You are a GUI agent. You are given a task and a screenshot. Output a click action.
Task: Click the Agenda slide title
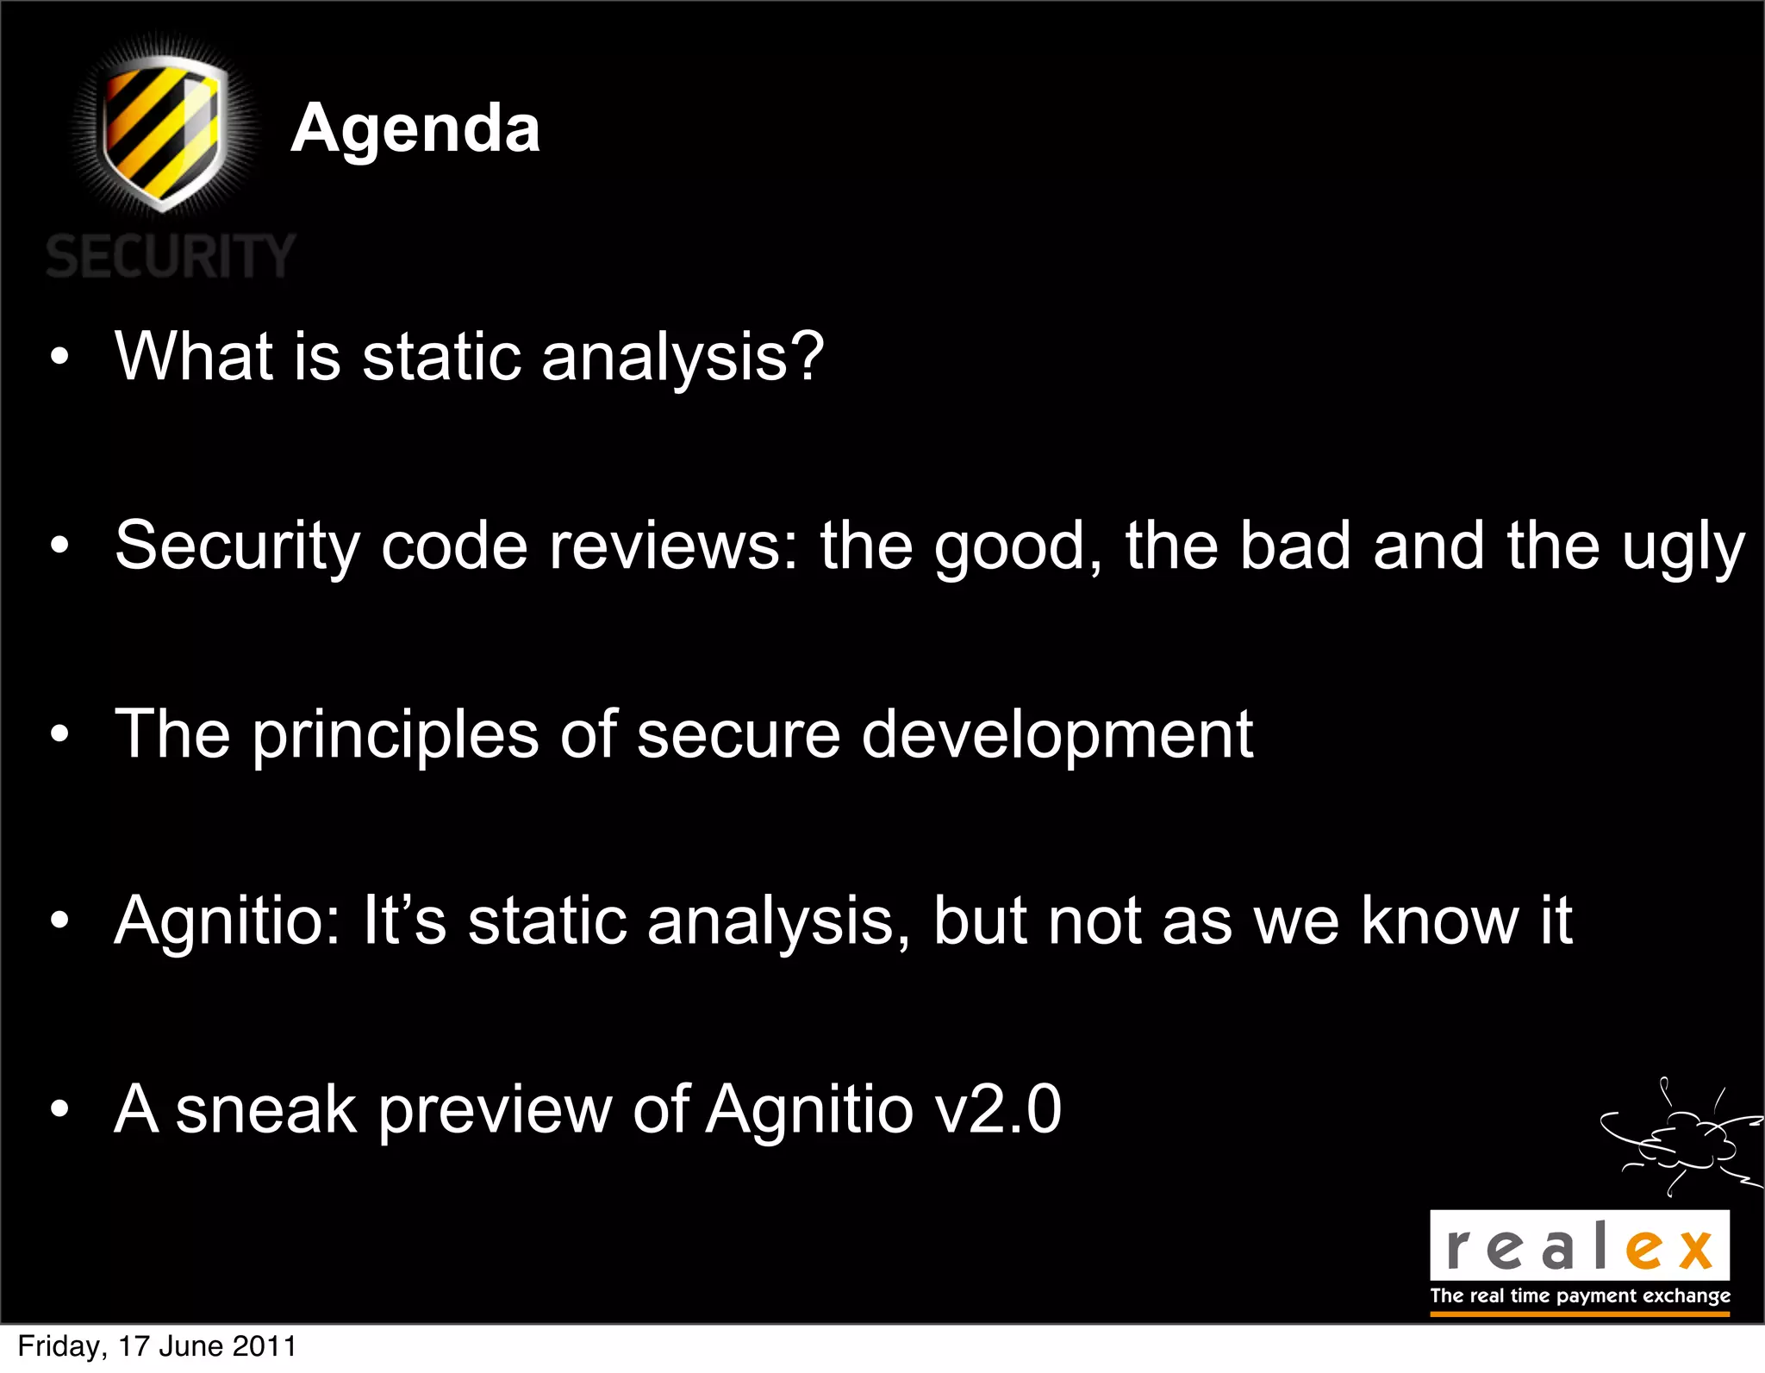click(x=415, y=128)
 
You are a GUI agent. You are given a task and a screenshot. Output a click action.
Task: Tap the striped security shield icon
click(x=164, y=131)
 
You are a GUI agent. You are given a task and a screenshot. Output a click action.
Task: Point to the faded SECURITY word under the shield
click(x=171, y=257)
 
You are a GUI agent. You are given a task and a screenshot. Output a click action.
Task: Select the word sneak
click(x=265, y=1110)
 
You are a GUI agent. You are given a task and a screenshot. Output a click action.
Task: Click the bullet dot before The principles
click(x=59, y=734)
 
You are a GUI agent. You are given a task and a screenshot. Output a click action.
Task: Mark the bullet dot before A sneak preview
click(x=59, y=1109)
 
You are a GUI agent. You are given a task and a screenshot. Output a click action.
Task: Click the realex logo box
click(x=1579, y=1245)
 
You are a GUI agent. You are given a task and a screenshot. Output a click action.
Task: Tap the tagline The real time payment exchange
click(x=1580, y=1296)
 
